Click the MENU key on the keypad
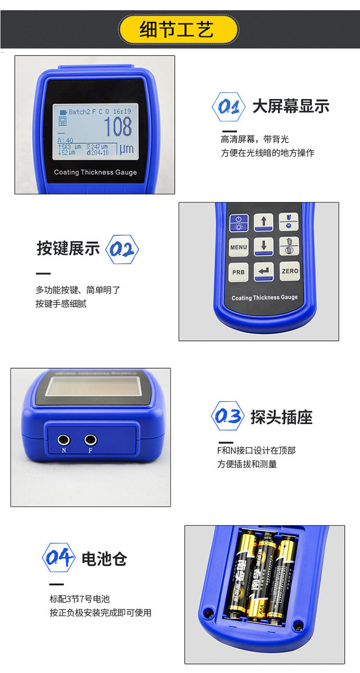click(239, 247)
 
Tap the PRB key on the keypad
click(239, 272)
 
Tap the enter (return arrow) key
click(264, 271)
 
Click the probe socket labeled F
click(90, 439)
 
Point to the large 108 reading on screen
click(118, 126)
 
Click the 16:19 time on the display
click(122, 111)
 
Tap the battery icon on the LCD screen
click(63, 111)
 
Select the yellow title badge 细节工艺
click(179, 30)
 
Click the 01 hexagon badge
click(228, 107)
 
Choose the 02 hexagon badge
click(121, 249)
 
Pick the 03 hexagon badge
click(228, 416)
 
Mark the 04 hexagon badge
click(59, 558)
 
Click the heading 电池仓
click(104, 559)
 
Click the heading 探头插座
click(281, 417)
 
